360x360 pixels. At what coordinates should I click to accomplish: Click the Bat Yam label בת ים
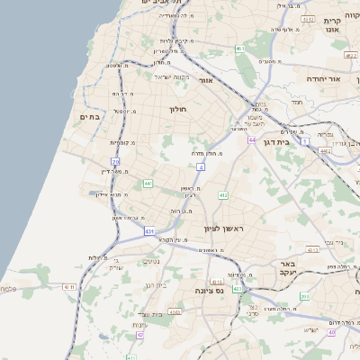[x=89, y=116]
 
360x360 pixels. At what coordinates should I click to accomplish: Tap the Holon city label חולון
[x=176, y=109]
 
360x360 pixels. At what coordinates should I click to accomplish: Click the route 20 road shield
[x=116, y=160]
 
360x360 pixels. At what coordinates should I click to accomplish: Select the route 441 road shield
[x=148, y=184]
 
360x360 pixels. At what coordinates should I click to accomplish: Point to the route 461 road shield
[x=239, y=48]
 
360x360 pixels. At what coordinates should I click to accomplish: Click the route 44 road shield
[x=254, y=140]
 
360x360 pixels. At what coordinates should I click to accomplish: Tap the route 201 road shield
[x=305, y=296]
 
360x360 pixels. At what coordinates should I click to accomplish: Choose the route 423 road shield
[x=237, y=289]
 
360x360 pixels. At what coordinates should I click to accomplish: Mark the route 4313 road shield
[x=307, y=18]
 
